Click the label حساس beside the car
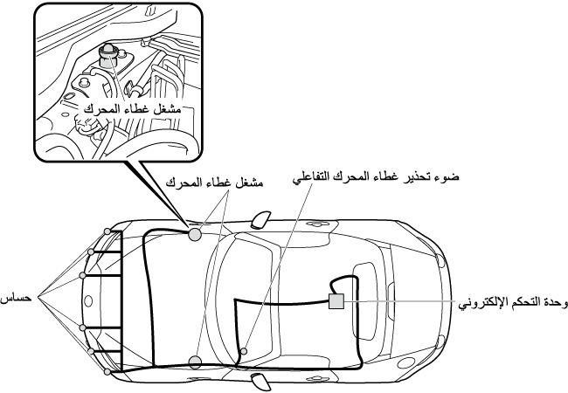[17, 299]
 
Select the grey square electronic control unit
[336, 301]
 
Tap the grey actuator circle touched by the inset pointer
[195, 235]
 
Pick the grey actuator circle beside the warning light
[195, 362]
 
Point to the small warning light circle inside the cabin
[244, 351]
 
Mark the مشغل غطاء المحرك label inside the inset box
[132, 109]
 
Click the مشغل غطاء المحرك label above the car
[214, 183]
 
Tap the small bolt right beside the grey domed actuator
[123, 53]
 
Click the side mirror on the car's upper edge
[260, 219]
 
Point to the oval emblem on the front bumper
[88, 301]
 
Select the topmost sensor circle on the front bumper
[107, 231]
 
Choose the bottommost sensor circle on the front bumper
[107, 372]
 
